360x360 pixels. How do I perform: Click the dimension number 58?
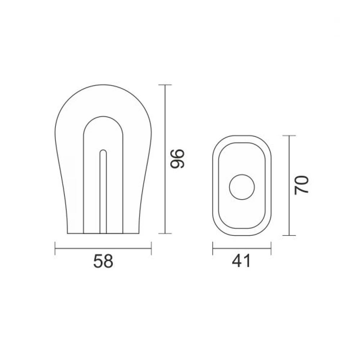tap(103, 261)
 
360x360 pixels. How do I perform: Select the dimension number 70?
tap(301, 185)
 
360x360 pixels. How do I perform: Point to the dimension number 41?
tap(241, 261)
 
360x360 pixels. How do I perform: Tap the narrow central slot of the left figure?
tap(103, 192)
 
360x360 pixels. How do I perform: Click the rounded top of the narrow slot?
tap(103, 150)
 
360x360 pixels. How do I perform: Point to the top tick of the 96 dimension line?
tap(165, 85)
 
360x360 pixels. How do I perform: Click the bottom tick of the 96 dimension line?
tap(165, 234)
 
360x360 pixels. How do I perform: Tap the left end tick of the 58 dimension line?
tap(55, 248)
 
